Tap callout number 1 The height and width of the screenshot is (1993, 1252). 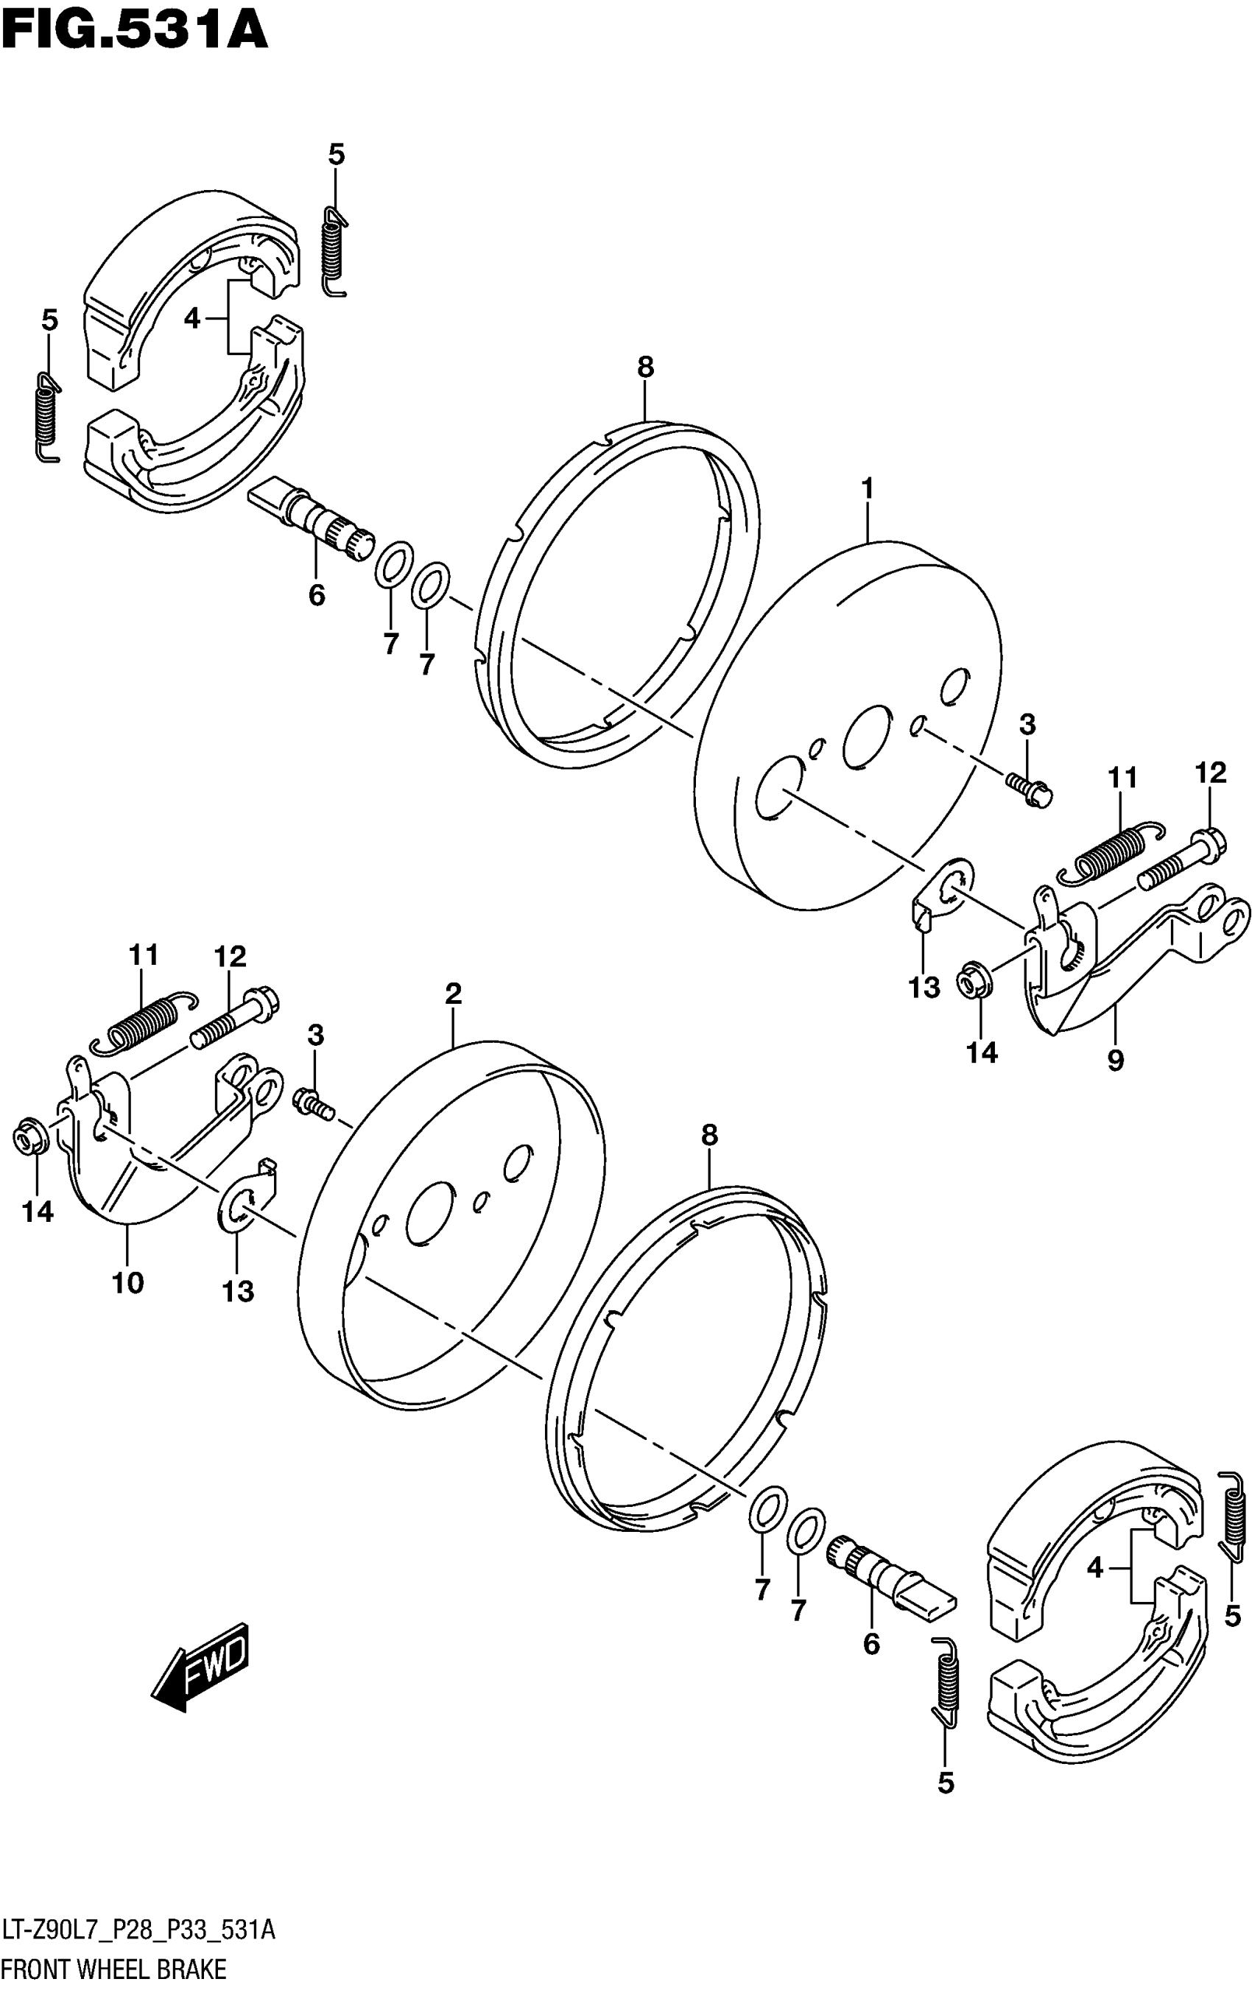pyautogui.click(x=868, y=490)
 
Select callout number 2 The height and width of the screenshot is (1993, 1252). pyautogui.click(x=453, y=994)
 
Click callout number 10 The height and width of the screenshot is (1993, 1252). pyautogui.click(x=128, y=1283)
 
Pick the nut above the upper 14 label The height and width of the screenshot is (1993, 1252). pyautogui.click(x=973, y=982)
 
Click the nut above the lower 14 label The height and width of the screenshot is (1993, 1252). pyautogui.click(x=32, y=1139)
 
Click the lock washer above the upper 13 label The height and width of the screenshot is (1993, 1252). pyautogui.click(x=943, y=892)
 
